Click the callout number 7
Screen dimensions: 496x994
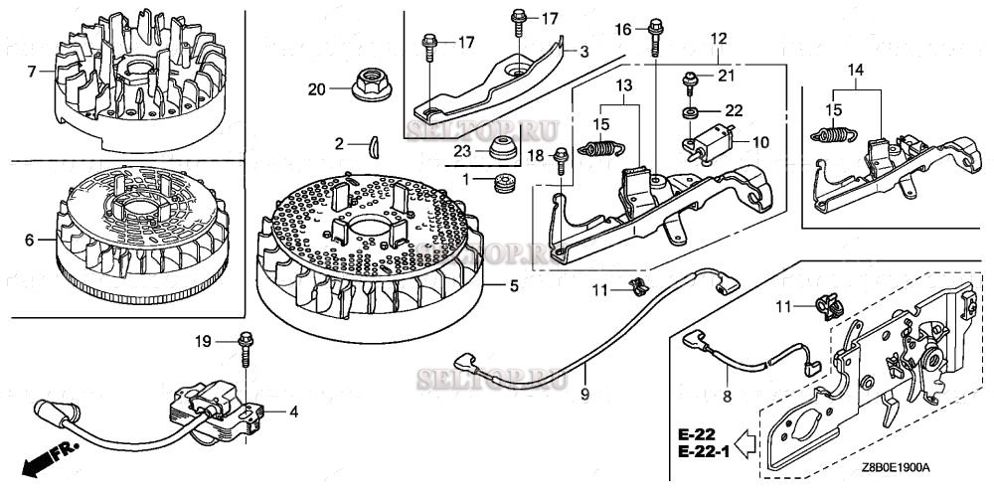[x=32, y=72]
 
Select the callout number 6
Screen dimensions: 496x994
[x=30, y=240]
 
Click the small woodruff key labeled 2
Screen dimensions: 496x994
[x=372, y=144]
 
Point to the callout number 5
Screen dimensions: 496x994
[x=514, y=286]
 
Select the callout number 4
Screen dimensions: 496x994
[x=293, y=411]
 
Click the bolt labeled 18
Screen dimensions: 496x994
[x=562, y=156]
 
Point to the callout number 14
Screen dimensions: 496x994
[x=857, y=69]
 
